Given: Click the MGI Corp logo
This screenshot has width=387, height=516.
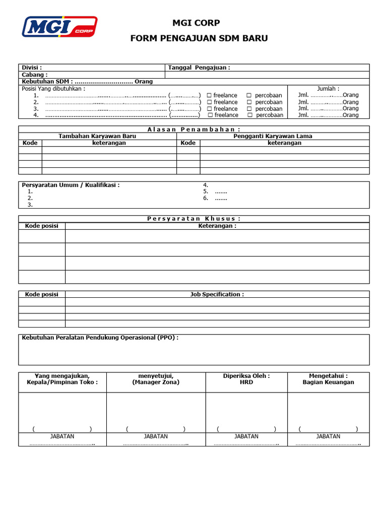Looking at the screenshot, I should [x=59, y=26].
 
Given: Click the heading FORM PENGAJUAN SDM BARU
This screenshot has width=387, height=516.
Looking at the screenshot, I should [x=199, y=38].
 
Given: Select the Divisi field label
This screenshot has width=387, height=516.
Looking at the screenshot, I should [x=32, y=68].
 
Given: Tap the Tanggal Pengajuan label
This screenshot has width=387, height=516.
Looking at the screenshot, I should [x=199, y=68].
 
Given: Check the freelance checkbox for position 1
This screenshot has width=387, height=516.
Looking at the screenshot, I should [x=209, y=95].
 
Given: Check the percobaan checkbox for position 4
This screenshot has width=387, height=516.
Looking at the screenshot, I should [x=249, y=115].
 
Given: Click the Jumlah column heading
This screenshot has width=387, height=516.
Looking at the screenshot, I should [x=328, y=89].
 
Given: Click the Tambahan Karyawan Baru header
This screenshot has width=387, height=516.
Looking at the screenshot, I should [x=98, y=136].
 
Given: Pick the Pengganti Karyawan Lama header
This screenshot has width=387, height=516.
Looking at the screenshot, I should [x=273, y=136].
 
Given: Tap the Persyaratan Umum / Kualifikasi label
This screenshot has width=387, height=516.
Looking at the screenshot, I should [x=71, y=185].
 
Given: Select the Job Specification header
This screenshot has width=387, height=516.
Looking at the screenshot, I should [x=217, y=294].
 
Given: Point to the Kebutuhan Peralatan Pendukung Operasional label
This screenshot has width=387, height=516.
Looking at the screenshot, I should [x=100, y=338].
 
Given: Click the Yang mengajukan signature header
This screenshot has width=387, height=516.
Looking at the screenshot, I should [x=62, y=379].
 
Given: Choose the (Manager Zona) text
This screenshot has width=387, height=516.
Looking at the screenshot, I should [x=156, y=382].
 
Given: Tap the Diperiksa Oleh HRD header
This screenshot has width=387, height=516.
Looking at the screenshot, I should [x=246, y=379].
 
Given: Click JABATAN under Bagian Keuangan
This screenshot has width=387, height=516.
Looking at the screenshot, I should [x=328, y=436].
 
